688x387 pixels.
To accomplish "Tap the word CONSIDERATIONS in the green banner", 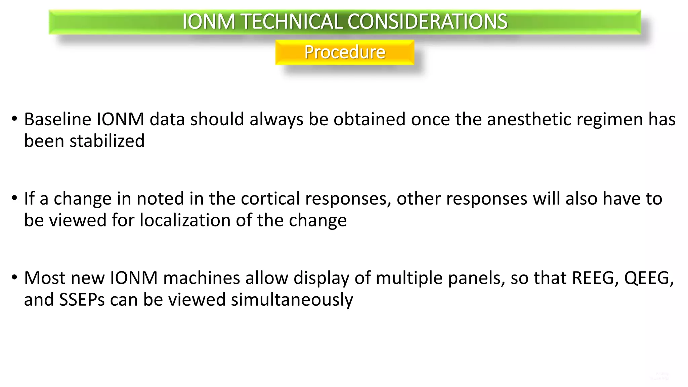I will (x=427, y=22).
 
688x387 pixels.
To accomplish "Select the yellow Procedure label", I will (x=345, y=52).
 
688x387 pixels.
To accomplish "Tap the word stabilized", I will (x=107, y=141).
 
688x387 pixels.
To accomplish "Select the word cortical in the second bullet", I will (x=270, y=199).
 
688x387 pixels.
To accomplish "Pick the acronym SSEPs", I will (x=82, y=300).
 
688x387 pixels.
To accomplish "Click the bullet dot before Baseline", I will (x=14, y=119).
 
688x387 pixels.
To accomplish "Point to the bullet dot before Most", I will (x=14, y=278).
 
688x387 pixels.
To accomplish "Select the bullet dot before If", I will (x=14, y=198).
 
